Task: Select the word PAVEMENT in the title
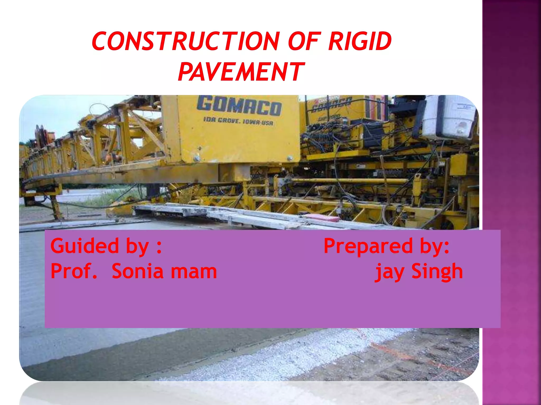pos(241,71)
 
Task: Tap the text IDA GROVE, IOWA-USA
pos(238,122)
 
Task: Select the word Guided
pos(85,246)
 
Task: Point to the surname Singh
pos(437,272)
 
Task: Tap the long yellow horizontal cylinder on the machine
pos(349,181)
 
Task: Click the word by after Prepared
pos(434,246)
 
